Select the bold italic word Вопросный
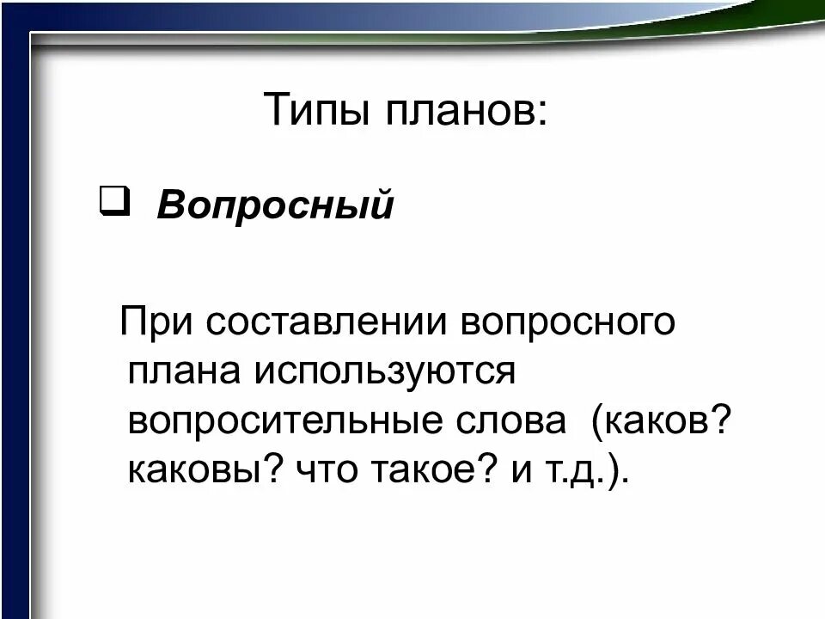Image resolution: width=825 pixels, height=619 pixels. (x=275, y=206)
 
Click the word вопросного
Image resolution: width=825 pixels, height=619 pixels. (x=566, y=323)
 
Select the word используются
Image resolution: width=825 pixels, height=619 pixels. (x=382, y=372)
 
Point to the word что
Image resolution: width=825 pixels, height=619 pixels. (x=325, y=470)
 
